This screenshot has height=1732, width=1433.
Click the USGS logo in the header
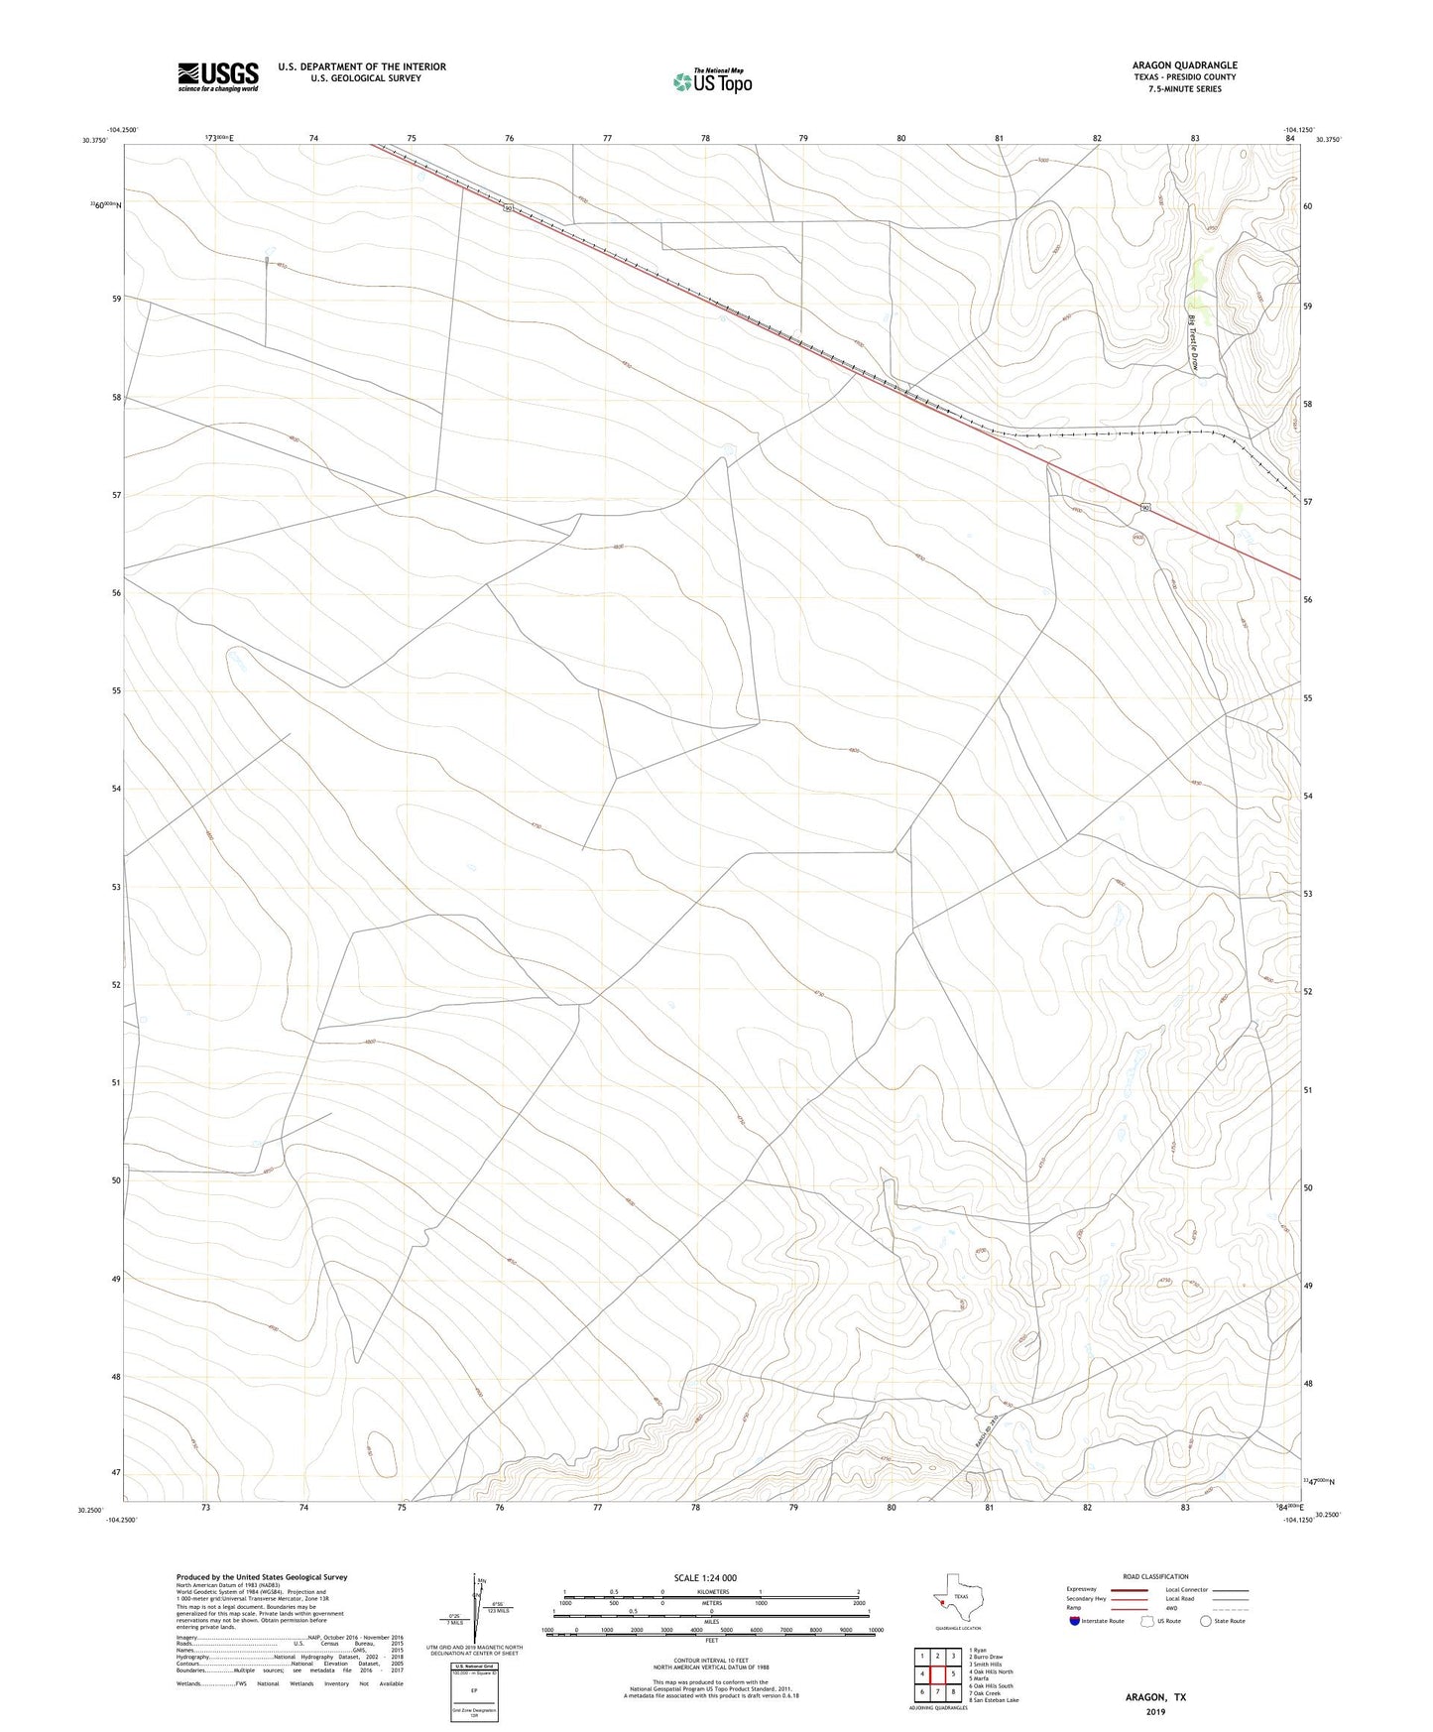point(218,75)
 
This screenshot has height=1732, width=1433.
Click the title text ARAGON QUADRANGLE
point(1184,65)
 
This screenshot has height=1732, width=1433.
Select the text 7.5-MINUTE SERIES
point(1184,89)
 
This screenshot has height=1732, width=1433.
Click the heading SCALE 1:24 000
point(705,1578)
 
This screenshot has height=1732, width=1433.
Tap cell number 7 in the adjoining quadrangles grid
point(937,1691)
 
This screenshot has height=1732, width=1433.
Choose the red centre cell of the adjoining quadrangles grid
point(937,1674)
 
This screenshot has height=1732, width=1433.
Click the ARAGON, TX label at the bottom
point(1155,1696)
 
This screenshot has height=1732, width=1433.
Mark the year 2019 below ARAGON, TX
point(1155,1711)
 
